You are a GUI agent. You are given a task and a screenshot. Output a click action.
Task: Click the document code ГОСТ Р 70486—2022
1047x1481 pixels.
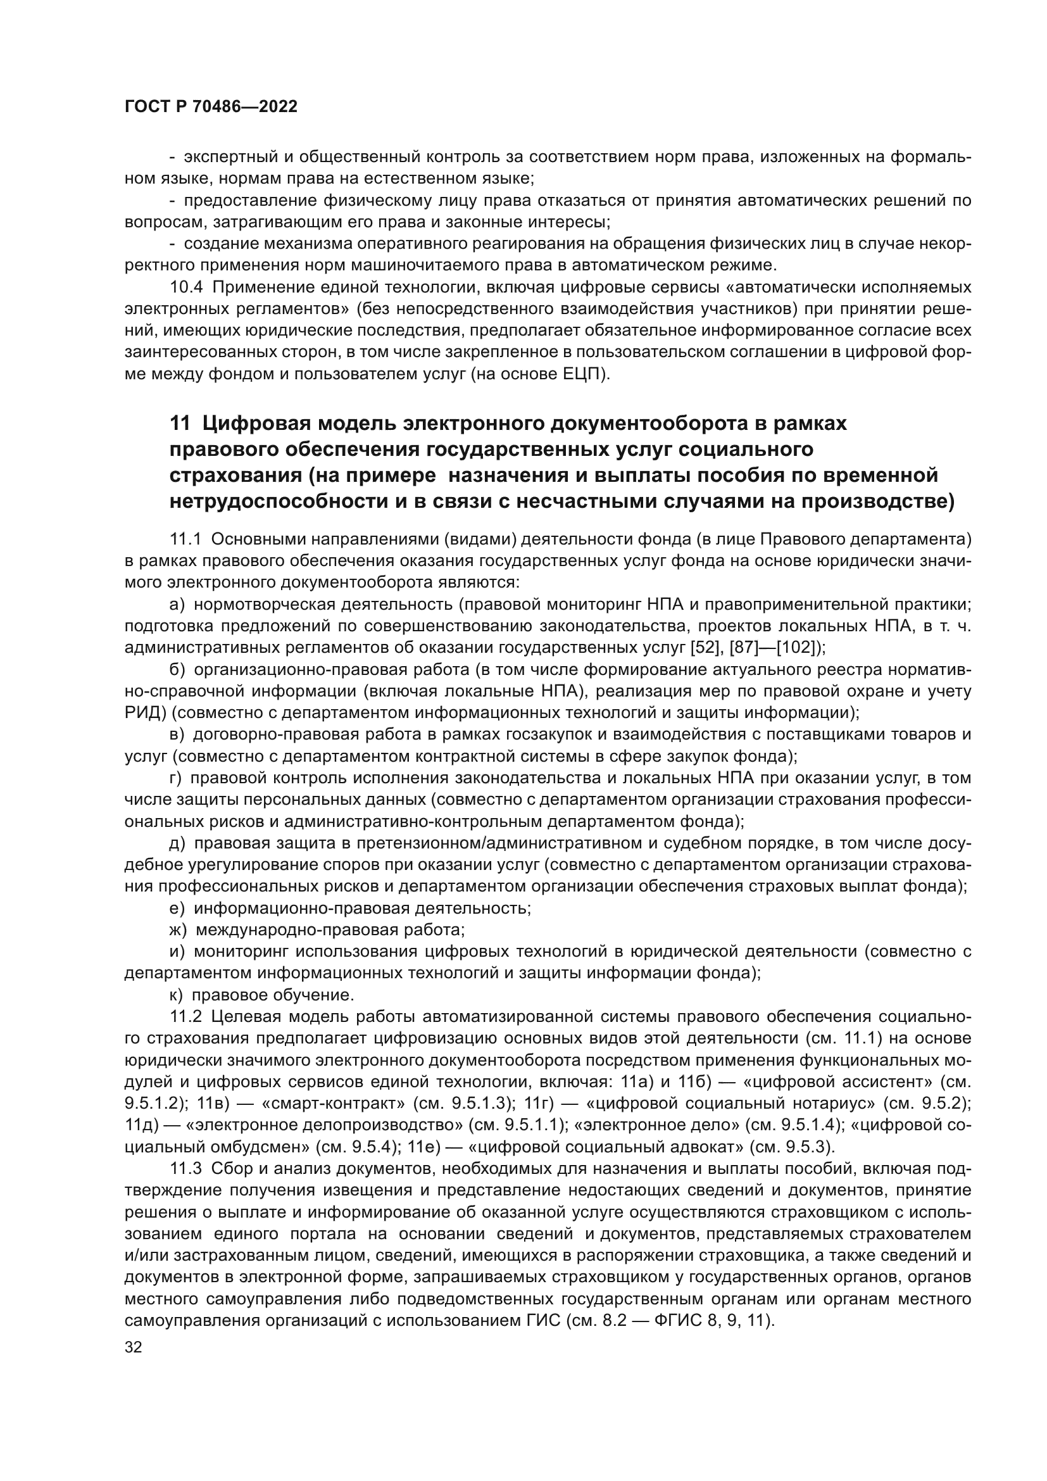tap(211, 107)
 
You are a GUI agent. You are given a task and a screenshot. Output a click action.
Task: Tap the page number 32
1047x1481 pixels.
tap(134, 1347)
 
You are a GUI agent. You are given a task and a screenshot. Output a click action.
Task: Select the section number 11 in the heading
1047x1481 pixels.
tap(180, 424)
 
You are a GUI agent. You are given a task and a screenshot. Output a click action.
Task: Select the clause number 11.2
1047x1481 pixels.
tap(186, 1018)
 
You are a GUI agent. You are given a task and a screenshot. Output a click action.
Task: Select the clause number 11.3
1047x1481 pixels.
tap(186, 1169)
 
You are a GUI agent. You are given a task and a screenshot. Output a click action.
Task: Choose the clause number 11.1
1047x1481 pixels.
tap(186, 539)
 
